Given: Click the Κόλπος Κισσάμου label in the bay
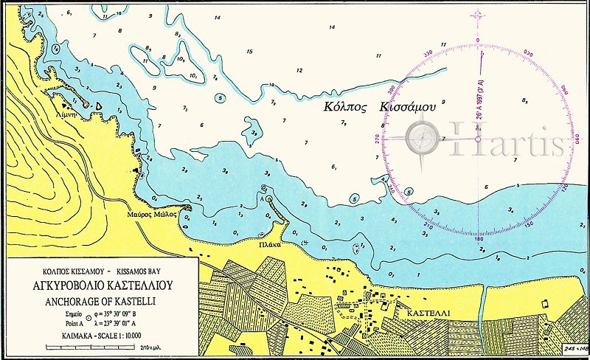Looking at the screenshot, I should tap(379, 106).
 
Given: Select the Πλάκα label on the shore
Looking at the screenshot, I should tap(269, 242).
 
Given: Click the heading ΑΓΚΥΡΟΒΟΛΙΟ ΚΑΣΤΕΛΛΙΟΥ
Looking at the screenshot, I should tap(100, 287).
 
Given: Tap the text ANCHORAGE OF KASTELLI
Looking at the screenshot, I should tap(100, 301).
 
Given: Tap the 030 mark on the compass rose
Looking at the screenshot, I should tap(527, 53).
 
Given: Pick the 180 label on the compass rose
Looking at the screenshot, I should tap(478, 239).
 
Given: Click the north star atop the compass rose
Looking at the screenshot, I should tap(477, 15).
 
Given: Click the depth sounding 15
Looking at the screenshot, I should tap(250, 52).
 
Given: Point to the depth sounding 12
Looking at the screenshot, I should tap(299, 71).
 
